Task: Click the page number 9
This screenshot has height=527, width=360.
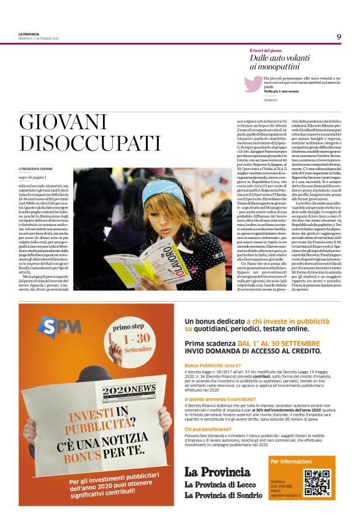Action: pyautogui.click(x=339, y=37)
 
